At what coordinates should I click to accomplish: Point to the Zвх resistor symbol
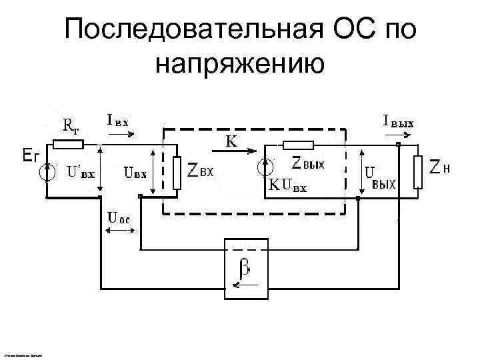click(x=177, y=172)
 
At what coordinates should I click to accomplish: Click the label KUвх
click(x=288, y=186)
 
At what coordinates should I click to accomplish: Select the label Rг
click(x=72, y=125)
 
